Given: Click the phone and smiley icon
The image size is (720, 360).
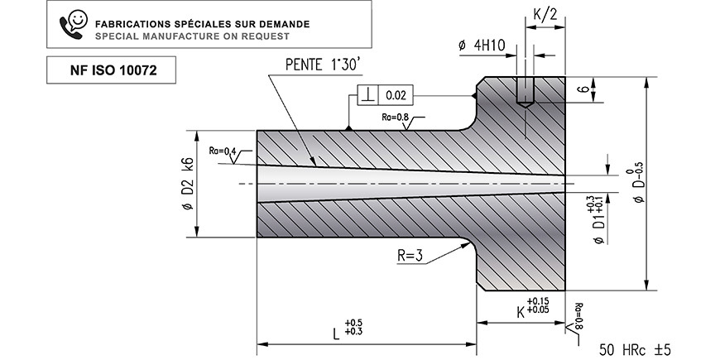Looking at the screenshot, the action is (73, 24).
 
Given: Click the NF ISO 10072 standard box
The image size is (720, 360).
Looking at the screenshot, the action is (111, 70).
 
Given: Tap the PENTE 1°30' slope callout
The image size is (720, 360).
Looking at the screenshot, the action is (324, 65).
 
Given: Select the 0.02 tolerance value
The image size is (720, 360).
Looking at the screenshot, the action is (396, 95).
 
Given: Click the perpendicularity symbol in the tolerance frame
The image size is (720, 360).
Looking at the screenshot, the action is (367, 95).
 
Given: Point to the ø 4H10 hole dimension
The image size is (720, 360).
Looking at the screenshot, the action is (482, 45).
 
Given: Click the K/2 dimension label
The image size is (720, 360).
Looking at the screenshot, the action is (545, 14).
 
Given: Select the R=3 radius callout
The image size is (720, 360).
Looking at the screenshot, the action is (410, 256).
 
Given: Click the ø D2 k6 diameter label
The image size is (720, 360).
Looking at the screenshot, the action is (188, 184).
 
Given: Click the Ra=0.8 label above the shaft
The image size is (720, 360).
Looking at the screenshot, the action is (395, 117).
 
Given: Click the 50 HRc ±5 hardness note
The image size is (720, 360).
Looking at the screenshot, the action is (635, 350).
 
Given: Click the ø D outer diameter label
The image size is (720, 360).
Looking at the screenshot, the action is (638, 184).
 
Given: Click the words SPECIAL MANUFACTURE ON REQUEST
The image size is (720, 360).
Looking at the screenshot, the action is (192, 36).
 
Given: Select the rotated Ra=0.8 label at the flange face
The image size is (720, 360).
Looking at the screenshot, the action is (578, 315).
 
